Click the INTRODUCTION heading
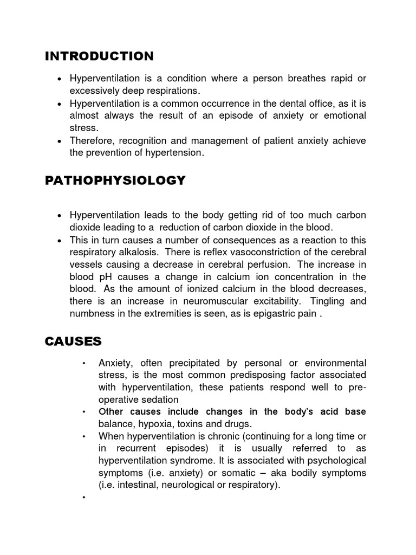point(99,56)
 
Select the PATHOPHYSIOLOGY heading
point(115,180)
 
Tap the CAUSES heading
point(73,341)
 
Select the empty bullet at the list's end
point(84,498)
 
